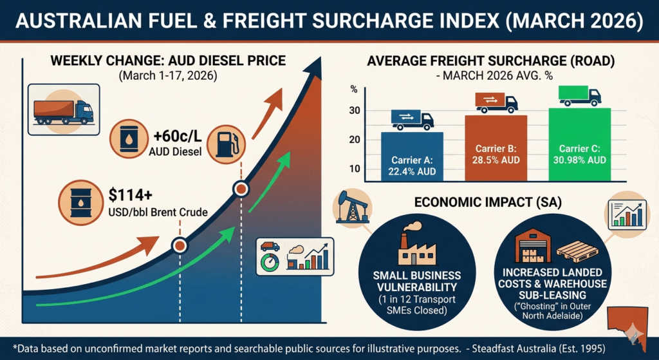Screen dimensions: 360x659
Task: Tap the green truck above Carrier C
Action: pyautogui.click(x=579, y=96)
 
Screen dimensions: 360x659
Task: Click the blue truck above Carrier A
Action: pyautogui.click(x=412, y=120)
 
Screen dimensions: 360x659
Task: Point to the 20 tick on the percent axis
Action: pyautogui.click(x=353, y=140)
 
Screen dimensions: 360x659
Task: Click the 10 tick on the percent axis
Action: pyautogui.click(x=353, y=169)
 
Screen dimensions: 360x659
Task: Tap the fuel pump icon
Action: pyautogui.click(x=225, y=142)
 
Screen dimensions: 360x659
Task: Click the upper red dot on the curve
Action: pyautogui.click(x=241, y=189)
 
